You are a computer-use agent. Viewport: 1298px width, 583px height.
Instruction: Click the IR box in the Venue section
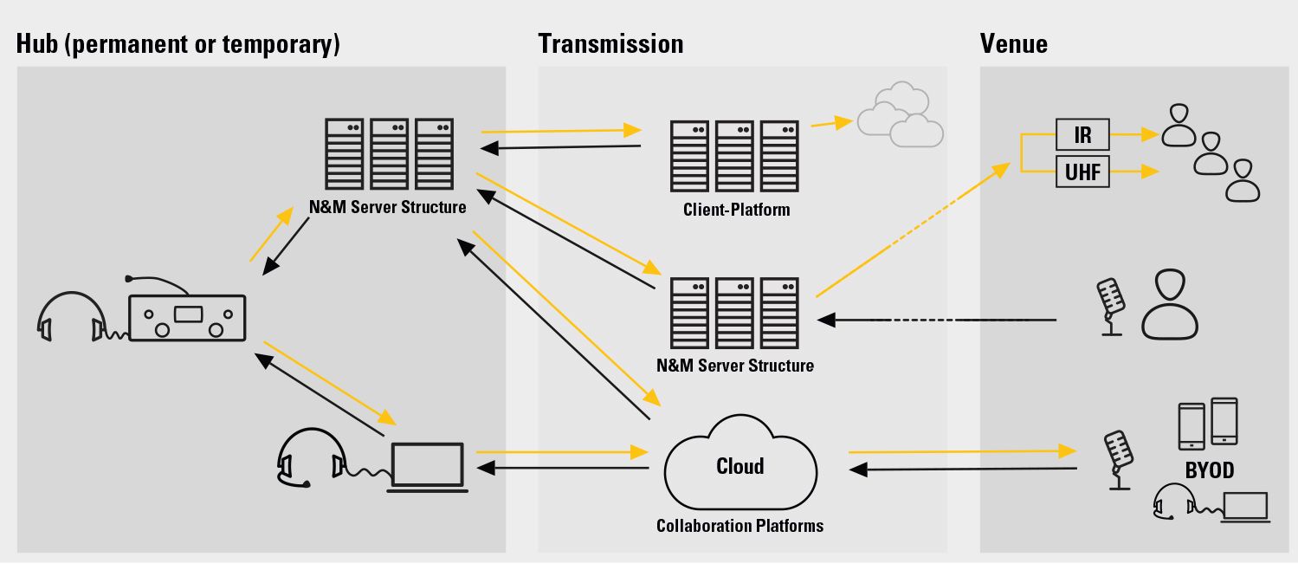pos(1082,134)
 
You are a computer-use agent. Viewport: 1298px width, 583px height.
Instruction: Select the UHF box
pos(1082,172)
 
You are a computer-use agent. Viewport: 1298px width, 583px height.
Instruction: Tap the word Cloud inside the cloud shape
pos(740,466)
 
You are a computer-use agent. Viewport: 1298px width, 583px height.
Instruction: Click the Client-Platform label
pos(736,210)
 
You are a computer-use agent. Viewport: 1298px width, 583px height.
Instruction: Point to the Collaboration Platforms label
pos(739,526)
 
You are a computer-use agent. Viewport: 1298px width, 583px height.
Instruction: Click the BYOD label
pos(1210,470)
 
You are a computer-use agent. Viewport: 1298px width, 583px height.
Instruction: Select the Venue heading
pos(1013,44)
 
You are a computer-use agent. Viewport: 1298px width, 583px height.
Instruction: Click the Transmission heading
pos(610,44)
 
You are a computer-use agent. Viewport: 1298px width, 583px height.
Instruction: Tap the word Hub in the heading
pos(36,44)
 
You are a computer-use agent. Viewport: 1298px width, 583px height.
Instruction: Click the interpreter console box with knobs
pos(187,318)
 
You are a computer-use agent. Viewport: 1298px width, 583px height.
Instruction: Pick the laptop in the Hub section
pos(427,468)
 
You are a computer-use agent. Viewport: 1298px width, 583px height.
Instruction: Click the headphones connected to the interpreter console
pos(71,316)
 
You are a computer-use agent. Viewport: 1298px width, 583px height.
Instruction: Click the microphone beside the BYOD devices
pos(1119,460)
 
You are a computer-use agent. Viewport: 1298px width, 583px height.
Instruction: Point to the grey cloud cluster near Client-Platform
pos(900,114)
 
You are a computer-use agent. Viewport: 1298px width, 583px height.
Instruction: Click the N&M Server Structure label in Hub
pos(387,207)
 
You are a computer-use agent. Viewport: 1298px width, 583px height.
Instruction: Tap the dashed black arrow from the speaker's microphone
pos(937,320)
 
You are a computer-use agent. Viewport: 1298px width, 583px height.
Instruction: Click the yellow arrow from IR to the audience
pos(1134,134)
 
